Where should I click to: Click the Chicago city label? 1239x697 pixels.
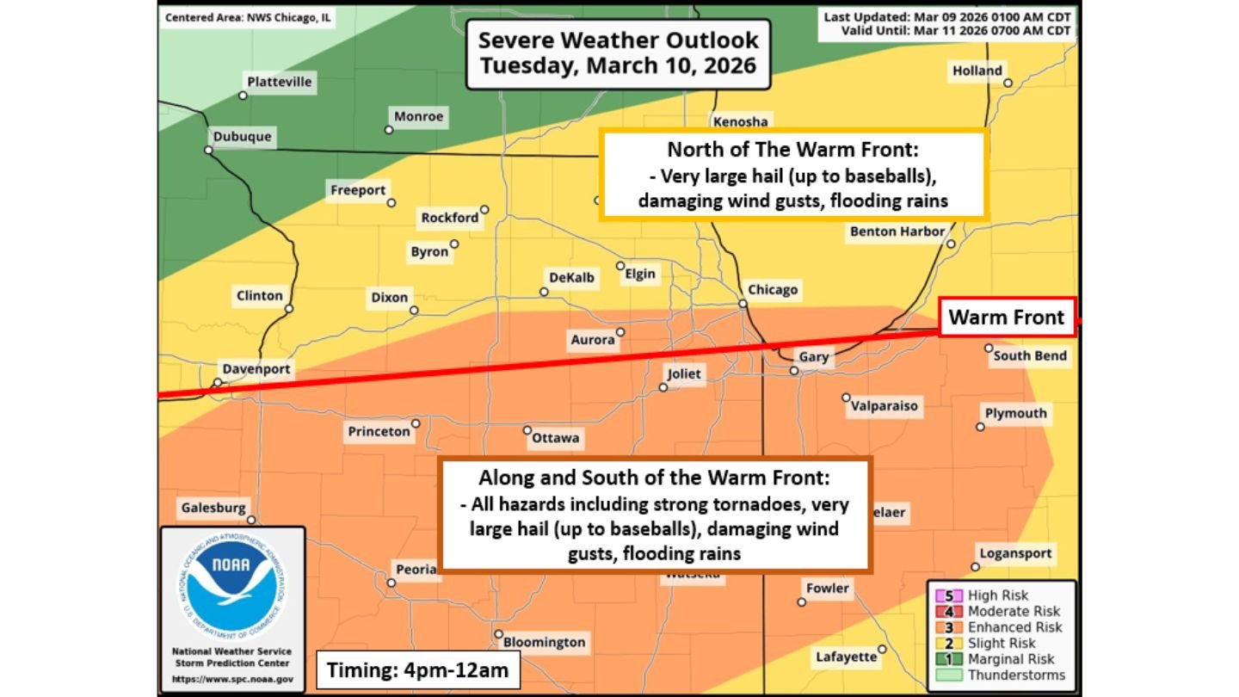coord(773,290)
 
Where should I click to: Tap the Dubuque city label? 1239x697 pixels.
coord(242,137)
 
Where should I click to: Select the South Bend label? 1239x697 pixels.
coord(1030,355)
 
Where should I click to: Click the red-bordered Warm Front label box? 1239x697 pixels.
coord(1006,318)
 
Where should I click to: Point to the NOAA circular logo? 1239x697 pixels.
coord(232,584)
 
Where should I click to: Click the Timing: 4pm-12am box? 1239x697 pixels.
coord(417,669)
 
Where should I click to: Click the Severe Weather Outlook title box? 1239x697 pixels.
coord(618,53)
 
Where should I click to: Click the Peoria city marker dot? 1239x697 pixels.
coord(391,583)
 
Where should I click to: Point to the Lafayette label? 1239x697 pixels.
coord(847,657)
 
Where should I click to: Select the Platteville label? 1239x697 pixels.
coord(280,83)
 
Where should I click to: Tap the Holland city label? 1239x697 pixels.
coord(977,71)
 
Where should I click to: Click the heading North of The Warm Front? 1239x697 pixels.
coord(793,150)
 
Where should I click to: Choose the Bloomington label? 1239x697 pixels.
coord(544,642)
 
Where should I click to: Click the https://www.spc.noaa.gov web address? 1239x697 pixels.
coord(232,679)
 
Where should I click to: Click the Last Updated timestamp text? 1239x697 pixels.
coord(947,17)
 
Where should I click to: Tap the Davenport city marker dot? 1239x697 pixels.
coord(218,382)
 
